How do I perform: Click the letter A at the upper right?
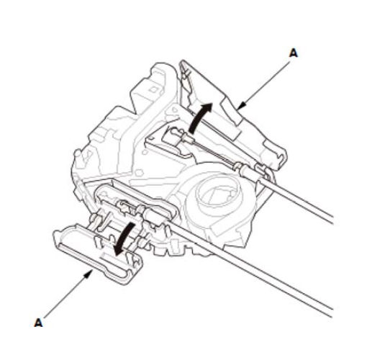pos(293,53)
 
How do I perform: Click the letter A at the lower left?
pos(38,323)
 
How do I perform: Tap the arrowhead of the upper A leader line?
pos(242,106)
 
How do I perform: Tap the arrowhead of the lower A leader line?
pos(89,274)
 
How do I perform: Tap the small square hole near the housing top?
pos(153,90)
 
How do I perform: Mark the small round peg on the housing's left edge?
pos(76,153)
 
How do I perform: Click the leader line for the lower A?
pos(66,296)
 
